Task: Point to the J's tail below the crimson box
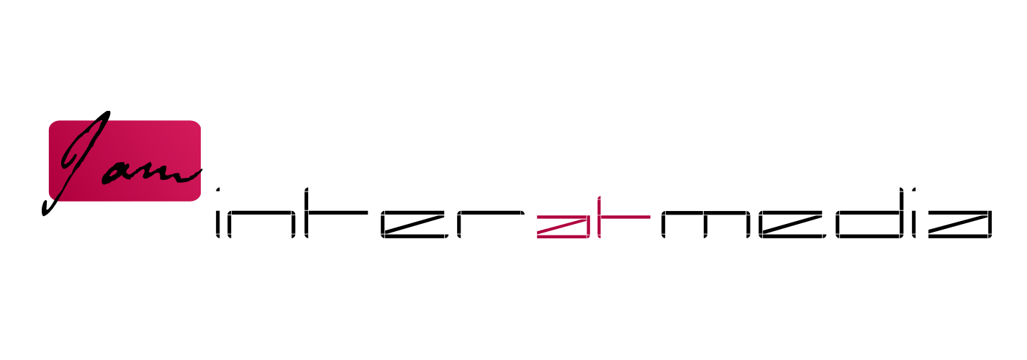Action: [x=51, y=207]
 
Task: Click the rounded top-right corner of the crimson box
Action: [x=196, y=125]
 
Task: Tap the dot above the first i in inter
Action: [x=218, y=190]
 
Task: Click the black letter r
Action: [x=491, y=225]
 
